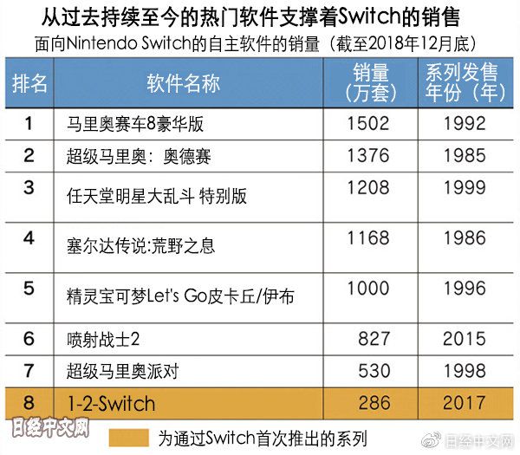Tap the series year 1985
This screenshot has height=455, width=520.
tap(464, 156)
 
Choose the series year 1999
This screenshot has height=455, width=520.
tap(464, 186)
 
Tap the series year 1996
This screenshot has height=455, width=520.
tap(464, 288)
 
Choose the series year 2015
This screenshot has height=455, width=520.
tap(464, 338)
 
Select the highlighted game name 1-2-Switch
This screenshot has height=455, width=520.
tap(111, 404)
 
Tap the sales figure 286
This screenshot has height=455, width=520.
tap(374, 404)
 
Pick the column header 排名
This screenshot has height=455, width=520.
tap(29, 83)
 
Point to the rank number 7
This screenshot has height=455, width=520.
tap(29, 371)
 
